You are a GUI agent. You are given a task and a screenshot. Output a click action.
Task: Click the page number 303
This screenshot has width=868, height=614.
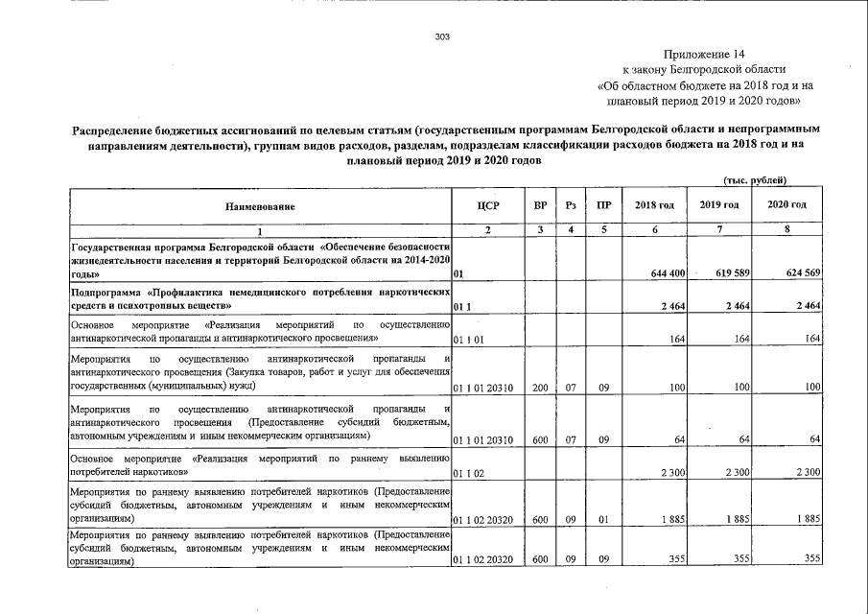tap(442, 37)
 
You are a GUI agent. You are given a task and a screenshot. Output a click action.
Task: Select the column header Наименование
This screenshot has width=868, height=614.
tap(260, 206)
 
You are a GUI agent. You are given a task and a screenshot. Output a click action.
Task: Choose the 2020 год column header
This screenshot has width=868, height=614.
tap(787, 205)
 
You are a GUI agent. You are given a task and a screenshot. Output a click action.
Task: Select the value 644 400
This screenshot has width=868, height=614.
tap(667, 274)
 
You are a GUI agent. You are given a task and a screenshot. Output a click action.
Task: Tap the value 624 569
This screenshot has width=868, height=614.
tap(802, 274)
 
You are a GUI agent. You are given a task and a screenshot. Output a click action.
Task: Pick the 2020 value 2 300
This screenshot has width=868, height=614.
tap(807, 473)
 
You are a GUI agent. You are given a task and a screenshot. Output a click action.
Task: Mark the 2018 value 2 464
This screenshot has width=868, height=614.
tap(670, 306)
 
